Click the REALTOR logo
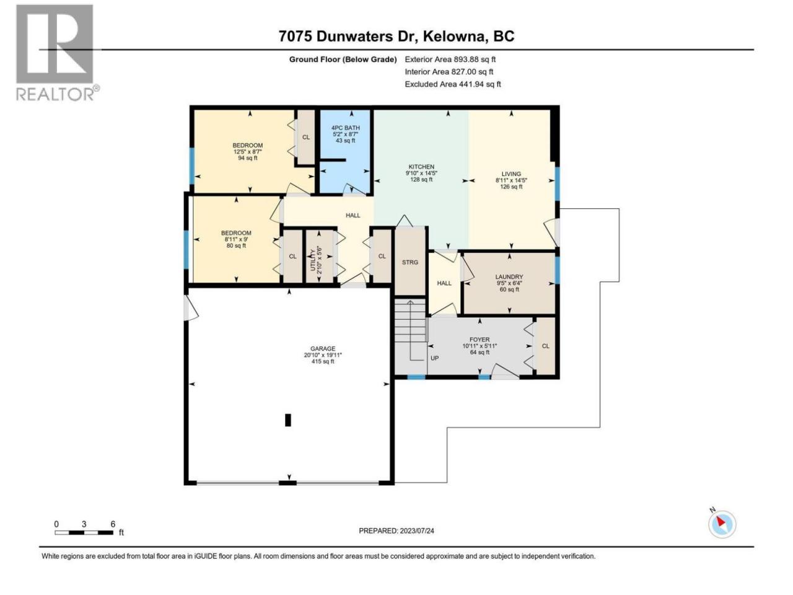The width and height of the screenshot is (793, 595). point(57,53)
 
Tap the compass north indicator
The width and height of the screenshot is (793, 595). point(721,524)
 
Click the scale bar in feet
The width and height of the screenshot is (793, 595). point(84,532)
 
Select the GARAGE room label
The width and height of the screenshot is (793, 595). point(323,355)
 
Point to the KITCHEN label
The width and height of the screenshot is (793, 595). point(421,173)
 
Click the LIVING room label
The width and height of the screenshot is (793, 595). point(511,180)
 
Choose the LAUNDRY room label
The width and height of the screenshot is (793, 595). point(509,283)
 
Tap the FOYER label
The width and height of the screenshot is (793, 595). point(480,346)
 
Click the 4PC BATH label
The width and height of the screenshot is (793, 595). point(345,134)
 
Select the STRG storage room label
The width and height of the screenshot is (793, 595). point(410,262)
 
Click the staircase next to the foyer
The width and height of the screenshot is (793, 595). point(410,320)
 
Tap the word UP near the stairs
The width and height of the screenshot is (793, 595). point(434,358)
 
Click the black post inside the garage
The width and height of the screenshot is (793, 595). point(288,420)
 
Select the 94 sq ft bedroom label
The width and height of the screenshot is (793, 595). point(247,152)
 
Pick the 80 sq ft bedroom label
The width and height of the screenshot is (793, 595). point(236,239)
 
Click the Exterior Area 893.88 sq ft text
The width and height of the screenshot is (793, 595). point(450,59)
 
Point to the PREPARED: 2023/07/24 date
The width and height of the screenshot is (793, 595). point(396,531)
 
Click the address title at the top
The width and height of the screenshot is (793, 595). point(396,37)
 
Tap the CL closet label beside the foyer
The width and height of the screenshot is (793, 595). point(546,346)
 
